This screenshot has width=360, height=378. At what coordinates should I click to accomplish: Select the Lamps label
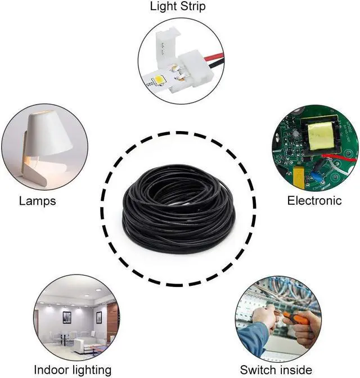coord(37,201)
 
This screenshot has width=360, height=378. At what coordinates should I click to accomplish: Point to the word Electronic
coord(314,201)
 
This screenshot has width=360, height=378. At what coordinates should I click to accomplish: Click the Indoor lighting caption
coord(73,370)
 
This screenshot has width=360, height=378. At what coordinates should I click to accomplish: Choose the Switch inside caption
coord(276,370)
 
